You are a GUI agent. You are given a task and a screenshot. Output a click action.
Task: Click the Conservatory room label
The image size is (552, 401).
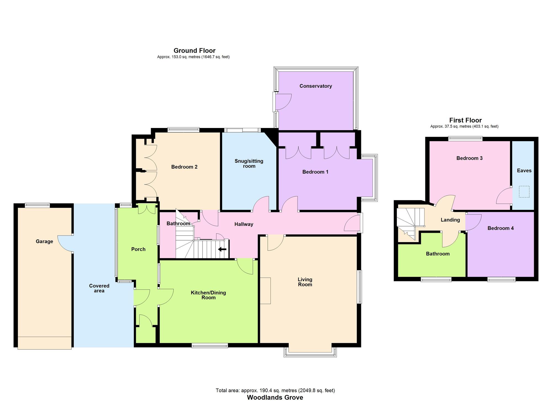click(x=315, y=86)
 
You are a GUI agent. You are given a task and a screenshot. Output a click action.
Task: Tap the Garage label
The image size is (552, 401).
click(x=44, y=242)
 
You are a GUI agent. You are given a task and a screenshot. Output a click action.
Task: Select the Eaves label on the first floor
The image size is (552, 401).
click(x=524, y=171)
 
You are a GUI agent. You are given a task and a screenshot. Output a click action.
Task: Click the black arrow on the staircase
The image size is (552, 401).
click(x=222, y=249)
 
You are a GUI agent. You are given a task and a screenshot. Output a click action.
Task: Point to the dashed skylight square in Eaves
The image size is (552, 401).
click(x=524, y=192)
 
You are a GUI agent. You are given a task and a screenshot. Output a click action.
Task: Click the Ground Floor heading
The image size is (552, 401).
click(x=194, y=50)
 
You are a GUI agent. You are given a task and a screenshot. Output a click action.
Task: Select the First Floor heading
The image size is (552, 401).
click(x=465, y=120)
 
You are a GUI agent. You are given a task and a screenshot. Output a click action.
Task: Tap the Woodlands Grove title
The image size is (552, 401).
click(x=275, y=397)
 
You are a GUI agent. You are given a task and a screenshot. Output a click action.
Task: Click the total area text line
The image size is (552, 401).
click(x=275, y=391)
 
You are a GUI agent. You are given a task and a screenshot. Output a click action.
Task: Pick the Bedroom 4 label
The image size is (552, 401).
click(x=500, y=228)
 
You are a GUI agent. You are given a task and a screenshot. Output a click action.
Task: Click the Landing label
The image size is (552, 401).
click(x=450, y=220)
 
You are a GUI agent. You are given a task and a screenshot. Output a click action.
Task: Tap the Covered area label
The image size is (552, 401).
click(x=99, y=288)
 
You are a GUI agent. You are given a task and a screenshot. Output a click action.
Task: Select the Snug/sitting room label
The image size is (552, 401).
click(x=249, y=164)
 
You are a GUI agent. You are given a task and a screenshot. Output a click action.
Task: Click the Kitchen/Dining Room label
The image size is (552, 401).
click(x=208, y=295)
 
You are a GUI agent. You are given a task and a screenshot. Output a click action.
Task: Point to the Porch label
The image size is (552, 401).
click(x=138, y=249)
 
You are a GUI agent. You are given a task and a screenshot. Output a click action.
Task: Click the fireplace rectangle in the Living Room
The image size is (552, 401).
click(x=265, y=291)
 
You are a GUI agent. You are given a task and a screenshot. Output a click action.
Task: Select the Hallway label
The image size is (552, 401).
click(x=244, y=224)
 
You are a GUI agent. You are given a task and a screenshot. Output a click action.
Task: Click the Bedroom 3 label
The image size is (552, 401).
click(x=469, y=158)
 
